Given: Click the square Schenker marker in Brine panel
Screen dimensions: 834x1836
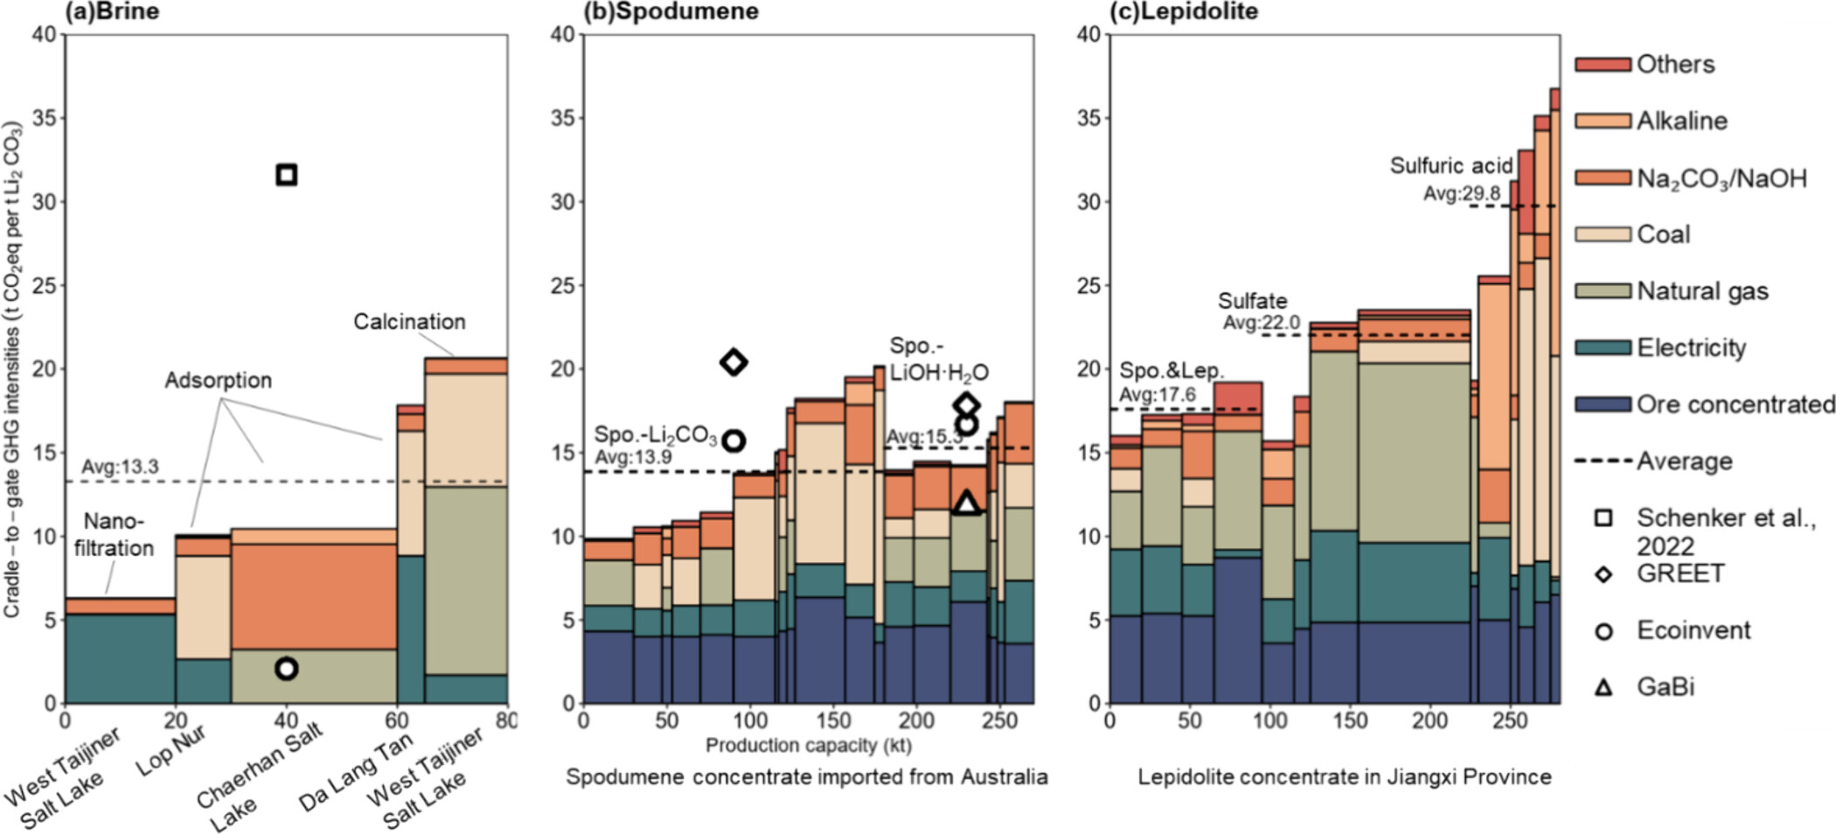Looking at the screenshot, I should [x=286, y=175].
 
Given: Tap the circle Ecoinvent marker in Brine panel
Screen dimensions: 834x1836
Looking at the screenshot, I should [x=286, y=669].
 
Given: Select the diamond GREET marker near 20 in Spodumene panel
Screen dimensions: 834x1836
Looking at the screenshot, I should [x=734, y=361].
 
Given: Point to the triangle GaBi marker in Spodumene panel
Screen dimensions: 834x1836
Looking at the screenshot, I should [x=966, y=504].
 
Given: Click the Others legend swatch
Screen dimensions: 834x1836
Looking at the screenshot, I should [x=1603, y=65].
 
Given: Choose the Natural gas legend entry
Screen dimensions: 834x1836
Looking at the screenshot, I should [x=1701, y=291].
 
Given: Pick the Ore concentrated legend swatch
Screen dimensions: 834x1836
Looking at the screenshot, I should [x=1603, y=405].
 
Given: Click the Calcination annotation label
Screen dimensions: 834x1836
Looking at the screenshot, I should [x=409, y=322].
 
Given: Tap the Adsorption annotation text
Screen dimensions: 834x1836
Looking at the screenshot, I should [x=219, y=380].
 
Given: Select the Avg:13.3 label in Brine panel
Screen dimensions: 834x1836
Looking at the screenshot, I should [x=121, y=467].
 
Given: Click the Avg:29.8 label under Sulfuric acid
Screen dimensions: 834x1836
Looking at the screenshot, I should [x=1461, y=193].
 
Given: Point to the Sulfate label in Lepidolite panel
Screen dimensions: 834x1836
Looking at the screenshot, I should [x=1252, y=301].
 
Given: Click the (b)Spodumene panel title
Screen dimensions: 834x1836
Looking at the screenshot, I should [x=671, y=11].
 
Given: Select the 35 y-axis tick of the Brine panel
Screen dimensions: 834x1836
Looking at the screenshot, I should [x=44, y=118].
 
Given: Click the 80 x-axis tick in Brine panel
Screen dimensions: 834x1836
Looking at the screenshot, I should [x=506, y=720].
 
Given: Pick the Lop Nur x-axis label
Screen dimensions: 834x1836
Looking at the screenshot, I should [x=170, y=749].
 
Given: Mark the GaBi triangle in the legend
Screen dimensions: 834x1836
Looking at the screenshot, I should [x=1603, y=687].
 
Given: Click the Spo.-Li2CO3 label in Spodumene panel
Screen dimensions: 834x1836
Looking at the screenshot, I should [x=656, y=435].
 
